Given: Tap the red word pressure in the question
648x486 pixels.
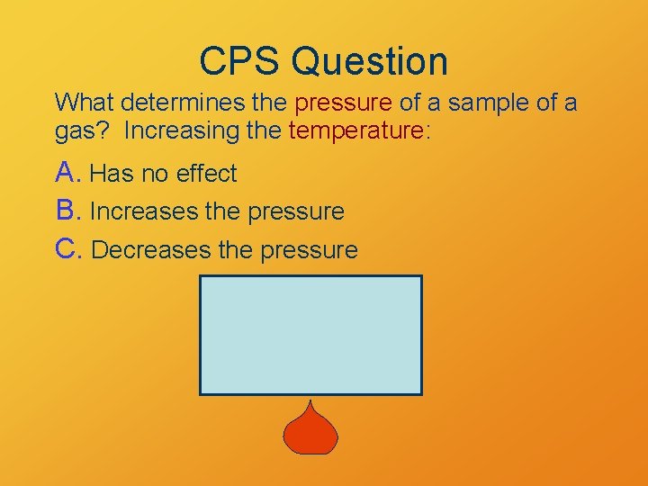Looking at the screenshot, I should point(345,103).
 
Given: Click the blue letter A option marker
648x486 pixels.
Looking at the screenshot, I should point(67,172).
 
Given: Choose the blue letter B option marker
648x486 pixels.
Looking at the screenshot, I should point(67,211).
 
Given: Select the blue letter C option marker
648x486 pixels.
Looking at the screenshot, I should point(68,249).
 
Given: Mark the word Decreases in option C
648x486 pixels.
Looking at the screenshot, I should point(150,250).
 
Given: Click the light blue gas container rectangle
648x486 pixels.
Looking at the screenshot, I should point(310,335).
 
